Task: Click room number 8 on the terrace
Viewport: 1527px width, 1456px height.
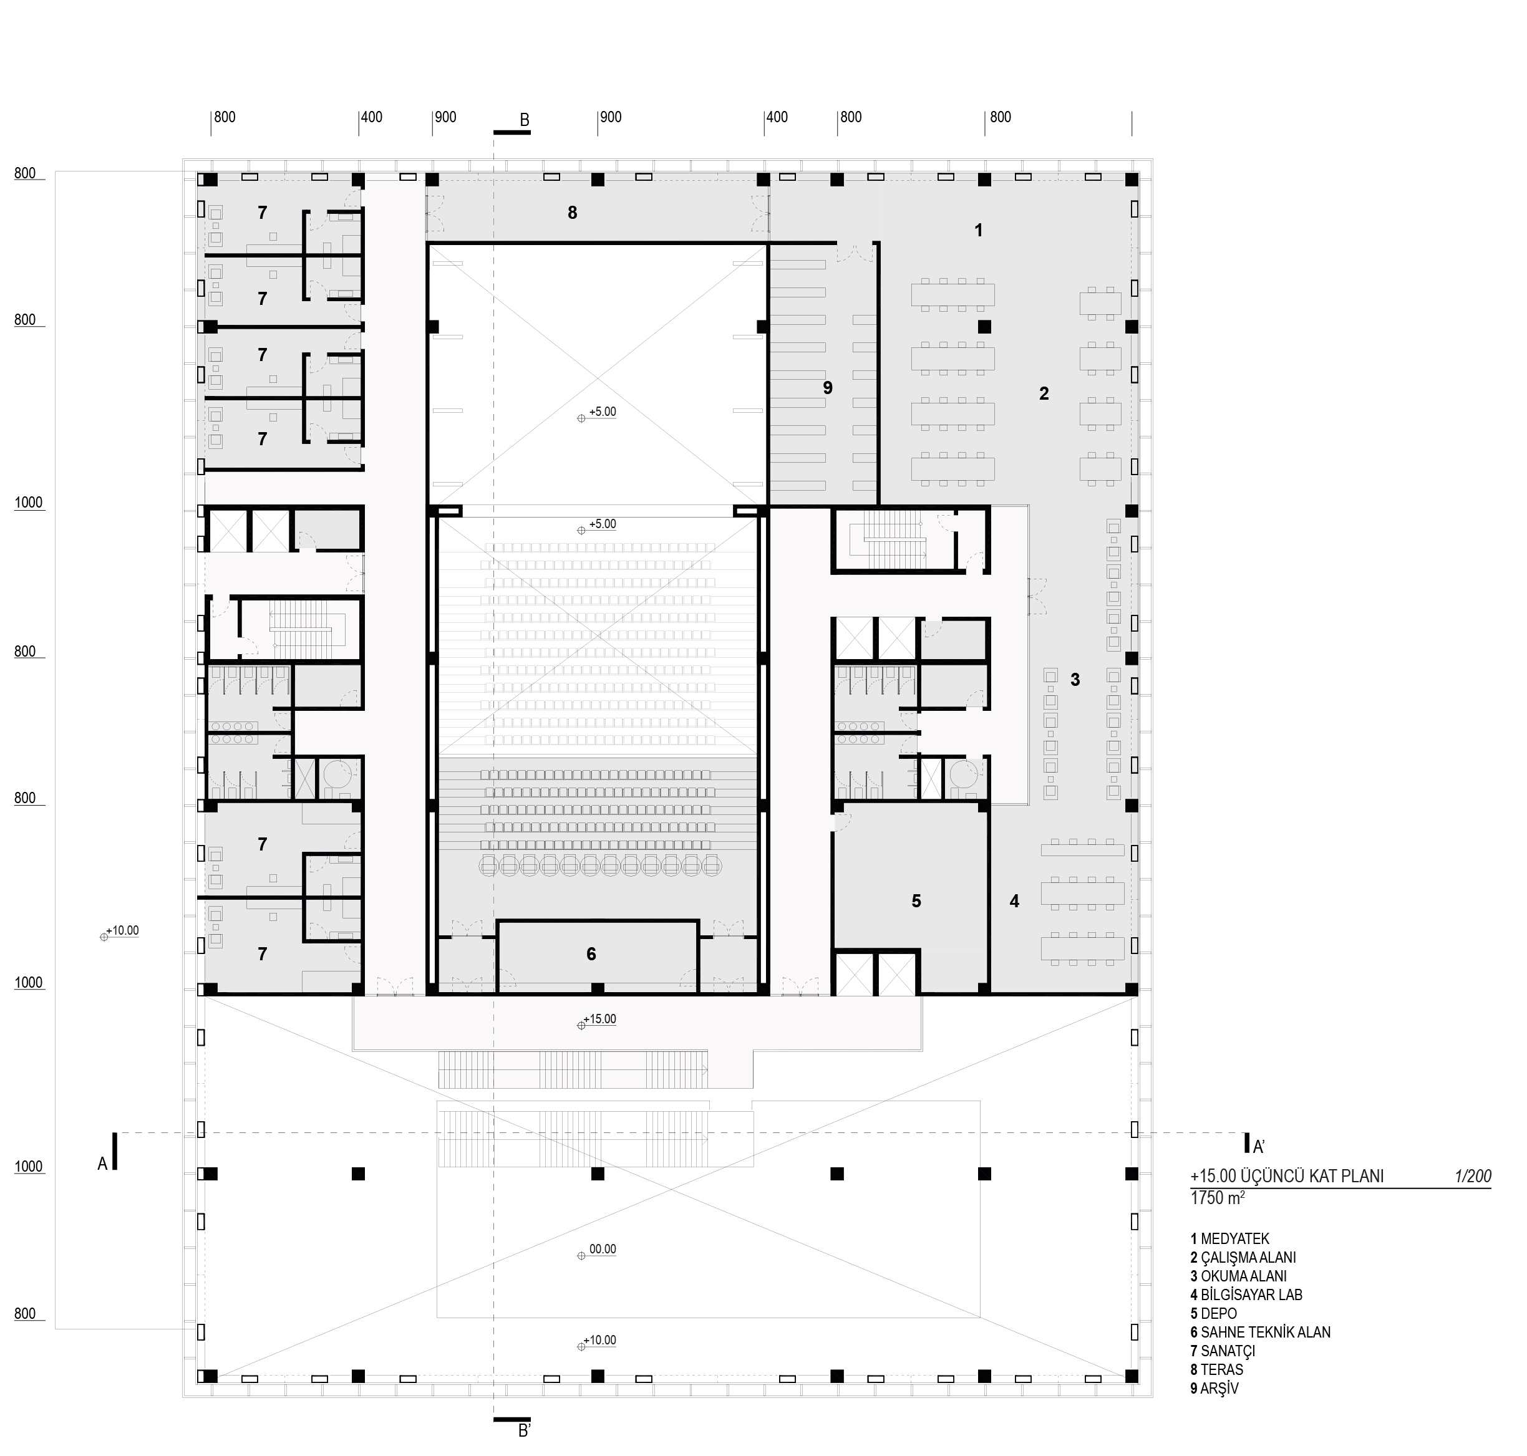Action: pyautogui.click(x=572, y=213)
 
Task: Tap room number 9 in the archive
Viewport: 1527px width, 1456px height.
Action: pyautogui.click(x=828, y=387)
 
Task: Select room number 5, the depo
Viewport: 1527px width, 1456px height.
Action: pyautogui.click(x=916, y=901)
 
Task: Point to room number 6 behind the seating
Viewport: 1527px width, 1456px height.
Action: pyautogui.click(x=591, y=954)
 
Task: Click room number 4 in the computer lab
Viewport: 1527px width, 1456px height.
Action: pyautogui.click(x=1014, y=901)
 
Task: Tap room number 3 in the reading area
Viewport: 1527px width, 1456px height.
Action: pyautogui.click(x=1075, y=680)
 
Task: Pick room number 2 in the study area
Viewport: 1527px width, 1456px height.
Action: pyautogui.click(x=1044, y=393)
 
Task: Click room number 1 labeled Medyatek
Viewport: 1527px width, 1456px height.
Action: pyautogui.click(x=978, y=231)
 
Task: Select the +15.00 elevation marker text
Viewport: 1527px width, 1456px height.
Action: pyautogui.click(x=602, y=1019)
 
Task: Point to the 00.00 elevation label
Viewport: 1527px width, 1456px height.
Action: pyautogui.click(x=603, y=1250)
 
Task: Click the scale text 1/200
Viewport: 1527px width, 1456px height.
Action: pyautogui.click(x=1473, y=1176)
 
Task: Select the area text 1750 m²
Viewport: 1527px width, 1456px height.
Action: pyautogui.click(x=1217, y=1198)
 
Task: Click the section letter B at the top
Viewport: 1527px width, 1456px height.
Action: pyautogui.click(x=524, y=120)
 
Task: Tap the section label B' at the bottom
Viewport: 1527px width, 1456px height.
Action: pyautogui.click(x=525, y=1431)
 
